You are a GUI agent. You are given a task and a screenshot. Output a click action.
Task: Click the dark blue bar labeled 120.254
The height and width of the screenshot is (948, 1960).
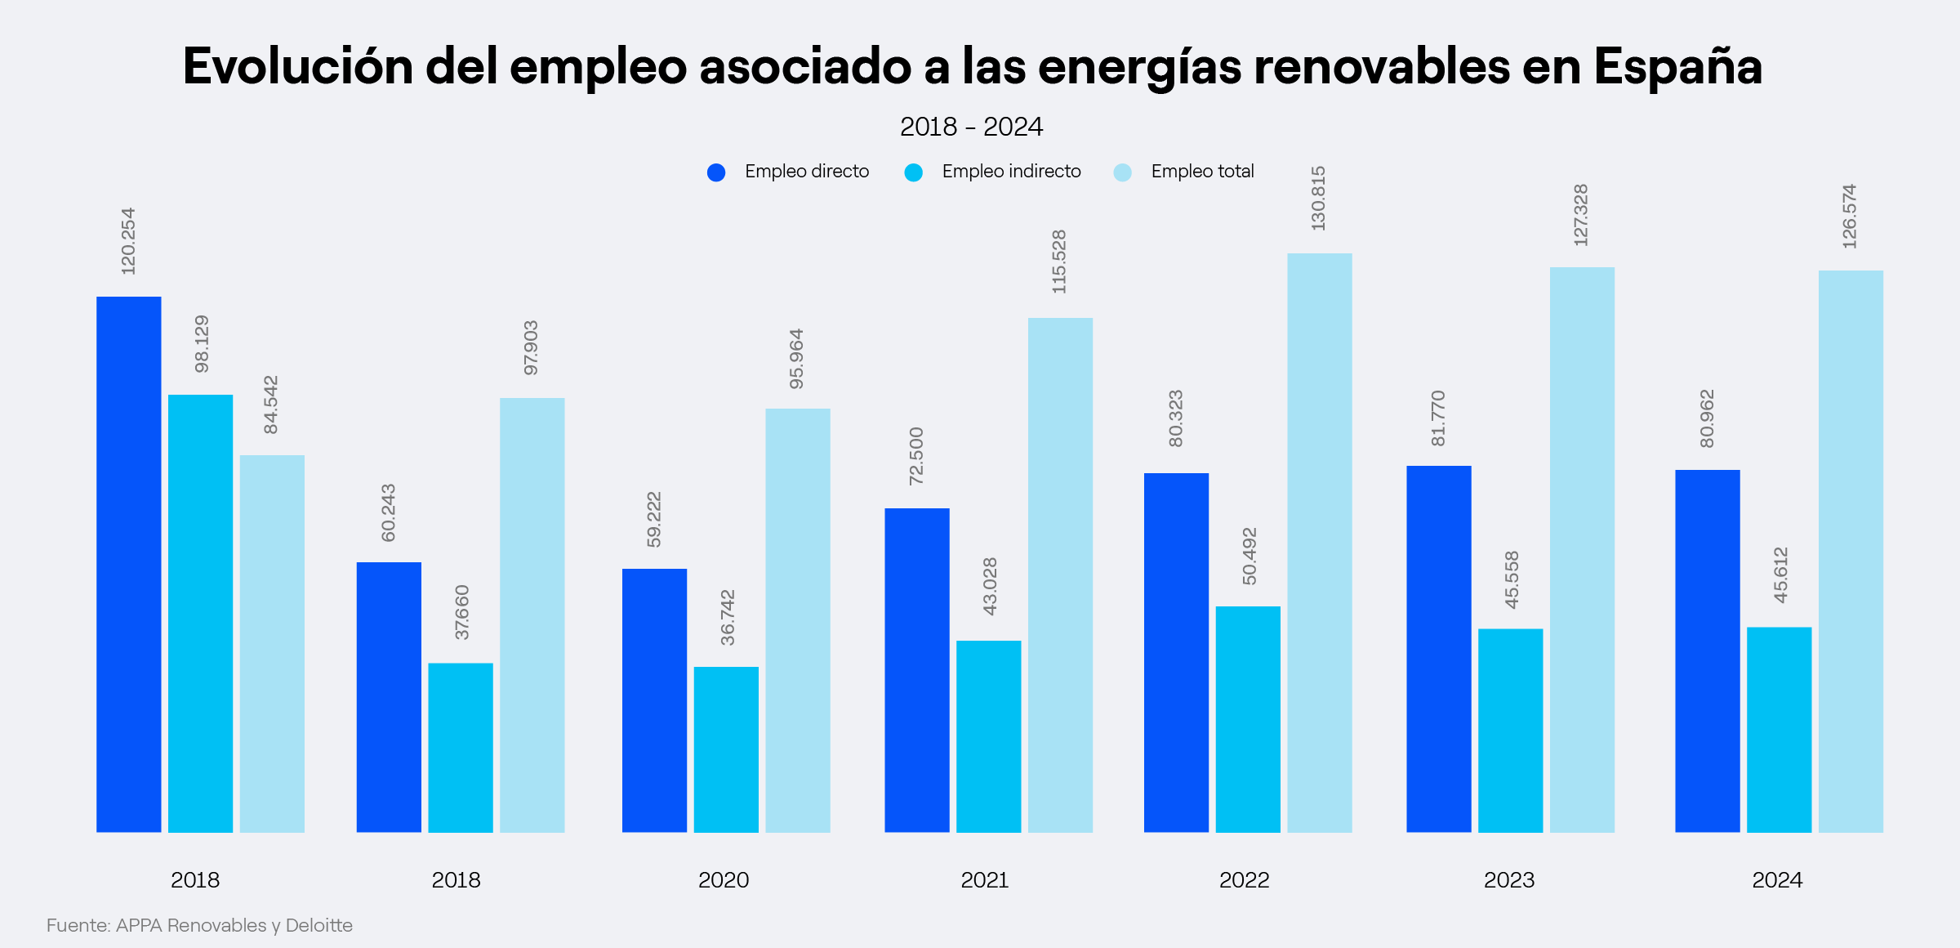pos(129,564)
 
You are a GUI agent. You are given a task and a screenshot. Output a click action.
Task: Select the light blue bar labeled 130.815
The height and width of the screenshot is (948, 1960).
pos(1320,543)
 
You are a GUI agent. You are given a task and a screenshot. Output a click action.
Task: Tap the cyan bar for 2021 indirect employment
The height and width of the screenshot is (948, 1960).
pos(988,736)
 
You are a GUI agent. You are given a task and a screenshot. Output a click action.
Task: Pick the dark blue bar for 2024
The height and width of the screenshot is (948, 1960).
pos(1707,651)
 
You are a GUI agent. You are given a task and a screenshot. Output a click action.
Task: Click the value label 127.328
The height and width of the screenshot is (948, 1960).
pos(1581,215)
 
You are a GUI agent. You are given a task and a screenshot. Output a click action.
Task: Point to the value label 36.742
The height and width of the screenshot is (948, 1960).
pos(728,617)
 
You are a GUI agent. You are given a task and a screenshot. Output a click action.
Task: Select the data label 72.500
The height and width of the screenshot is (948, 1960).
pos(916,456)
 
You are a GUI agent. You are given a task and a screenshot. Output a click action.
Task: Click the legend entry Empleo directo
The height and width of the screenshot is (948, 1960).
pos(806,172)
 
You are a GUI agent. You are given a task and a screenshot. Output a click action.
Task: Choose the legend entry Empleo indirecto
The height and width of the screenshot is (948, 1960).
pos(1010,172)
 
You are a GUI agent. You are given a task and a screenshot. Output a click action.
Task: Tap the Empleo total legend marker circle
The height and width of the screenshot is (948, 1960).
pos(1123,172)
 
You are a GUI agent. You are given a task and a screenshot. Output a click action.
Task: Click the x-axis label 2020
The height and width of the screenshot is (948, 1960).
pos(724,880)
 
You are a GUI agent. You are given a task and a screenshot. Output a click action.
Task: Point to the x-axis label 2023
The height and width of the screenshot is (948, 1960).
pos(1509,880)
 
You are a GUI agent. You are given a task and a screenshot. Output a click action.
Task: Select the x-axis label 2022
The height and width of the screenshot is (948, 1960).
pos(1244,880)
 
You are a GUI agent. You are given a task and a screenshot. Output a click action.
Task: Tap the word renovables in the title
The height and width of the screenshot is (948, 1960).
pos(1381,67)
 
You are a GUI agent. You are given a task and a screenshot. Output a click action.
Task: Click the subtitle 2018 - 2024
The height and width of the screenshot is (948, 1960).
pos(971,127)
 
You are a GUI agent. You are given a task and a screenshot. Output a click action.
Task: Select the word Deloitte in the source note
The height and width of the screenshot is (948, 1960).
pos(318,925)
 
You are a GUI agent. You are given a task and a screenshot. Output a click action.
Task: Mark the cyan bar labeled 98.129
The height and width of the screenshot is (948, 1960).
pos(200,613)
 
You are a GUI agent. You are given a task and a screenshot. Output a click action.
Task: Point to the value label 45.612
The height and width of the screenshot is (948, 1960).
pos(1781,575)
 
